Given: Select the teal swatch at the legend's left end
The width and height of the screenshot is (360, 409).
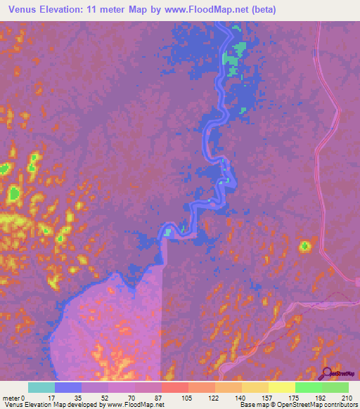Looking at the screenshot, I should pos(41,387).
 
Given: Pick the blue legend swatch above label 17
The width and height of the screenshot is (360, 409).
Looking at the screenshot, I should pos(68,387).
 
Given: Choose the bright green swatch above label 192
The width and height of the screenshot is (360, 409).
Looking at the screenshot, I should pos(309,387).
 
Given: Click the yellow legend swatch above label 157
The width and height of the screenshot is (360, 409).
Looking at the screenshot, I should pos(255,387).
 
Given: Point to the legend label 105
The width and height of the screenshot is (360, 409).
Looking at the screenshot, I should pos(188,398).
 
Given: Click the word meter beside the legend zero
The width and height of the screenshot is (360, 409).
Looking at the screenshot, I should pos(13,398).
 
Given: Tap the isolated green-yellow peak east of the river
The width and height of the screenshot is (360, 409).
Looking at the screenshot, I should pos(304,246).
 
